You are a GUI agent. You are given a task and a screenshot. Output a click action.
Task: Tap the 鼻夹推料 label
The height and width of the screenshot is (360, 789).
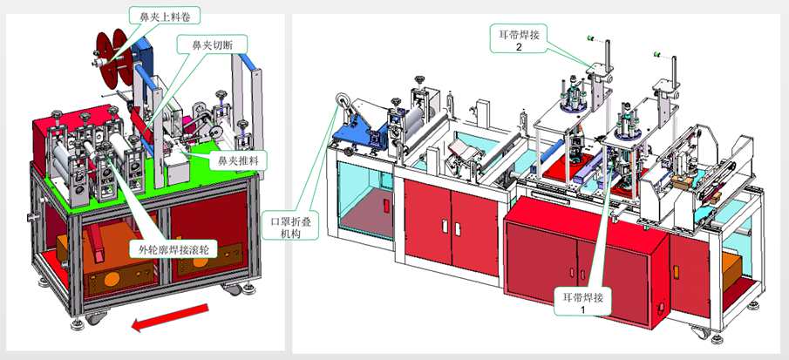click(238, 160)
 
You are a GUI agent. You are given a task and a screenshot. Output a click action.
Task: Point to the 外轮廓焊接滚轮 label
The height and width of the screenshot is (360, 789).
click(169, 248)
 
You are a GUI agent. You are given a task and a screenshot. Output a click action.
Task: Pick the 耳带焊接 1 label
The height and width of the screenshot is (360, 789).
click(584, 302)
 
